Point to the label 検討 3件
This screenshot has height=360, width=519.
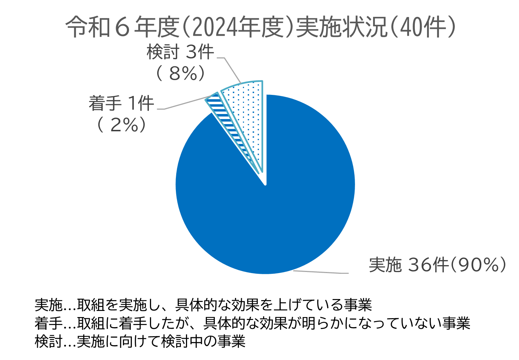180,52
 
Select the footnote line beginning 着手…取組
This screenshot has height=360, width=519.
252,323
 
